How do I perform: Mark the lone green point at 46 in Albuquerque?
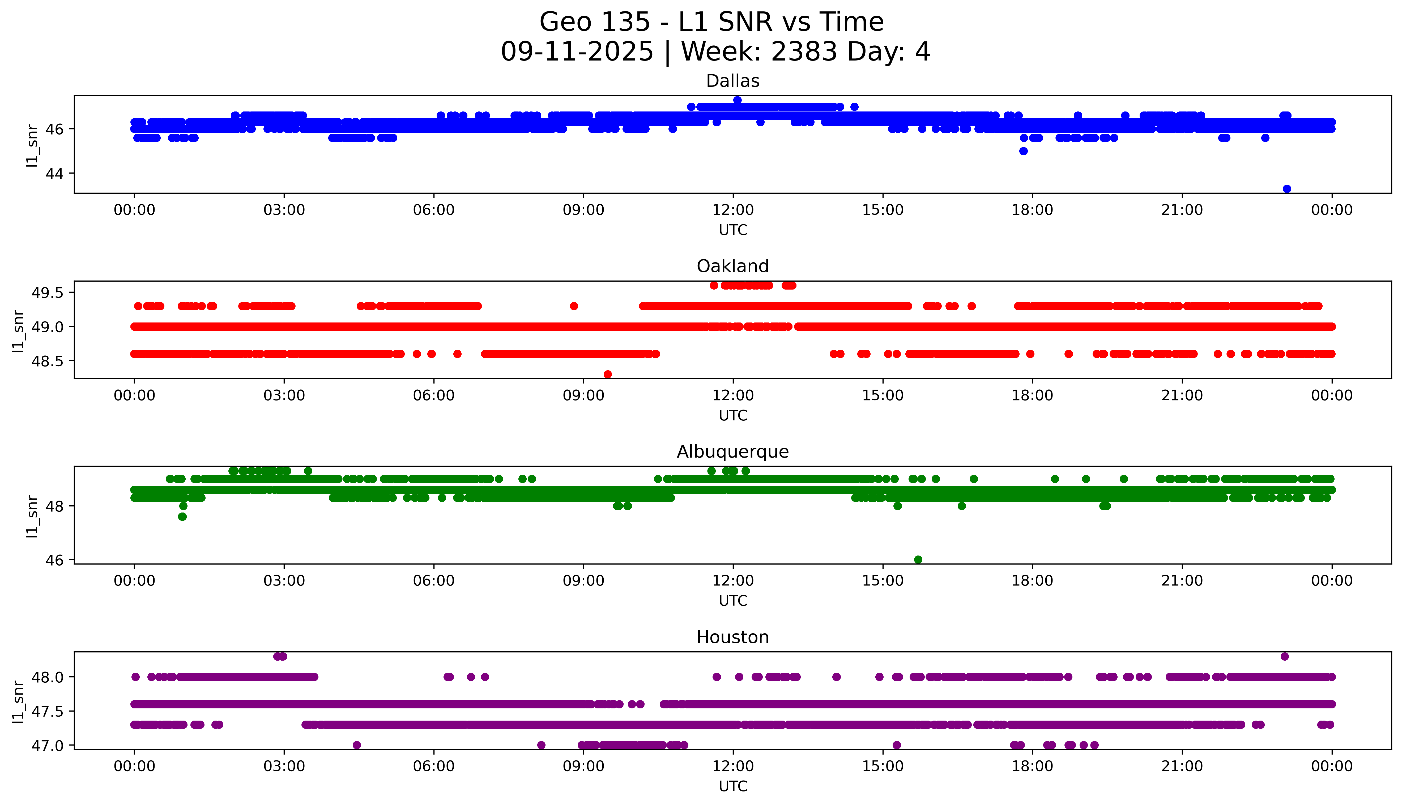[918, 559]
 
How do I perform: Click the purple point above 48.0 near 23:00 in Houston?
[1284, 656]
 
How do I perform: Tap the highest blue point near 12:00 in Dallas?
[737, 100]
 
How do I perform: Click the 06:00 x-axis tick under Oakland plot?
[434, 395]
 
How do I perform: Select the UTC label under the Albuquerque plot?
[733, 601]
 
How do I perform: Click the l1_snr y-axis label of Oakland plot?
[18, 331]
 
